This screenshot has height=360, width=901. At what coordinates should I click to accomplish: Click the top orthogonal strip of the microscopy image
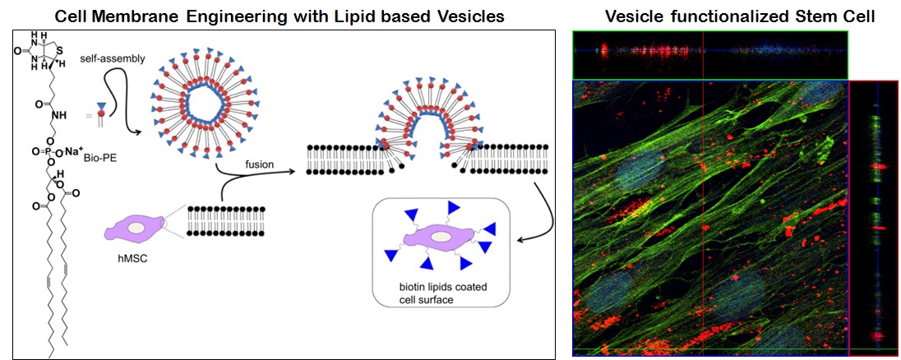[x=709, y=55]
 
